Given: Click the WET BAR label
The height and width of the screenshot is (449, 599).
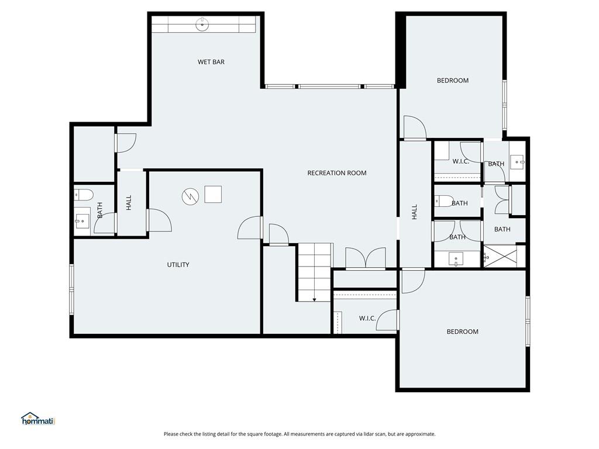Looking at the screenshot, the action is point(211,62).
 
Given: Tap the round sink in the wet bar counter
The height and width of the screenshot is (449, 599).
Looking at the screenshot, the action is point(202,25).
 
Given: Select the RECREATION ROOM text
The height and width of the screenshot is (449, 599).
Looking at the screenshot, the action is point(336,173).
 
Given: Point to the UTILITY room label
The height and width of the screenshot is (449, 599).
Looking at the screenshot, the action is point(178,265).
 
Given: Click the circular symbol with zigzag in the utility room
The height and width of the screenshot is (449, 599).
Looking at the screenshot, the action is point(190,196).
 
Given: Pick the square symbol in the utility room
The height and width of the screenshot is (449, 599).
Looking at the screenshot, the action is point(213,194).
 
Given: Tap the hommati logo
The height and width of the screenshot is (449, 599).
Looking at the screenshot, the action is point(39,419).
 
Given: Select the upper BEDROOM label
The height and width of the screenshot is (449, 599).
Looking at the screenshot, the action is point(453,81).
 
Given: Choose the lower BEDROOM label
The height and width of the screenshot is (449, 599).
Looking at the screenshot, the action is point(462,331).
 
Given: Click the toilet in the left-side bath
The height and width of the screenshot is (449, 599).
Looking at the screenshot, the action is point(83,195).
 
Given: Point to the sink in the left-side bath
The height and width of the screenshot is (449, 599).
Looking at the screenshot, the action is point(82,220).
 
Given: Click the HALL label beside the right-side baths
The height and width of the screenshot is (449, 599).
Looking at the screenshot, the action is point(415,212).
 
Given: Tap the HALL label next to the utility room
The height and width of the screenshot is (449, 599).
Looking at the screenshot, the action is point(129,202).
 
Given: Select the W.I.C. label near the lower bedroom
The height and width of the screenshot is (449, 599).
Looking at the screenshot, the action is point(367,319).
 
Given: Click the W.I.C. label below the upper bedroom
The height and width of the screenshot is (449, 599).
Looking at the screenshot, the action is point(461,161).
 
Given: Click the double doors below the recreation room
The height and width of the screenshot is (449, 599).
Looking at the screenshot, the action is point(366,258).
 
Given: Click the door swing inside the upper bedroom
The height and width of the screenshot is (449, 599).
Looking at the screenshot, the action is point(415,127).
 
